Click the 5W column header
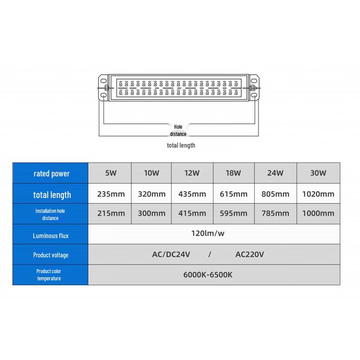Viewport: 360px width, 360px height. tap(111, 173)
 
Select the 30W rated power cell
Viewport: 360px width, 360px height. tap(318, 173)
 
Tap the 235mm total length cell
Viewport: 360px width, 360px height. tap(111, 194)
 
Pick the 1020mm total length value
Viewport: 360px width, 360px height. tap(318, 194)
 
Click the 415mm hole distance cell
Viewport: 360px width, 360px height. tap(192, 213)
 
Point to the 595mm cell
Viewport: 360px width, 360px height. tap(234, 213)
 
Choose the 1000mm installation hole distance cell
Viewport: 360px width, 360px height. tap(318, 213)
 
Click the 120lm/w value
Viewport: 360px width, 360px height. tap(208, 233)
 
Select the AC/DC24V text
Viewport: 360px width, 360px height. tap(171, 254)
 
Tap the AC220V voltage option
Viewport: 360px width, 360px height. tap(250, 254)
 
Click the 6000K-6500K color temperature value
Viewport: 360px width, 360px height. tap(208, 275)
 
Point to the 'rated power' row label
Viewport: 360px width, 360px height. tap(51, 174)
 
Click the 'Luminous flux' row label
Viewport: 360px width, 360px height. tap(51, 235)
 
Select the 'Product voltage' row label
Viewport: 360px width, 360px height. tap(51, 255)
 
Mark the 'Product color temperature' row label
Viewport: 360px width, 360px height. tap(49, 275)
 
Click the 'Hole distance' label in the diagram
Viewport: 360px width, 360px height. tap(178, 130)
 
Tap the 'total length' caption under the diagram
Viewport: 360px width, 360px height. tap(181, 145)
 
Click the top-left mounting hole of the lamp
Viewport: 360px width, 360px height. tap(103, 81)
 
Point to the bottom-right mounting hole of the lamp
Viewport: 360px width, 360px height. tap(254, 95)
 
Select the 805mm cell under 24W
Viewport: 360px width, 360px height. tap(275, 194)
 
